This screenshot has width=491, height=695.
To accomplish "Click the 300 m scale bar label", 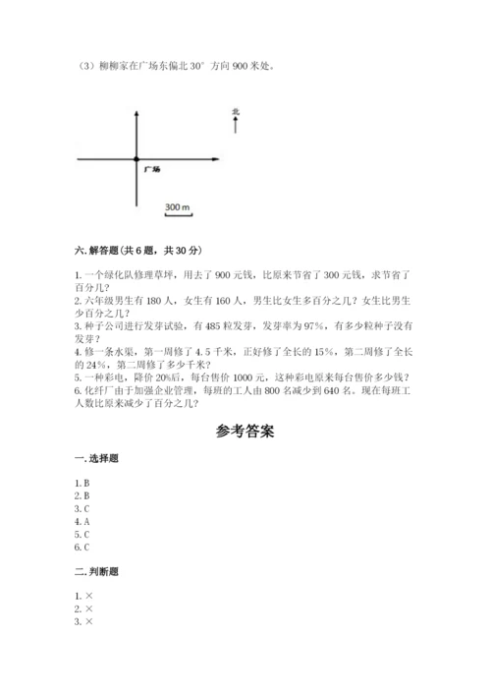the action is (x=177, y=207).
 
